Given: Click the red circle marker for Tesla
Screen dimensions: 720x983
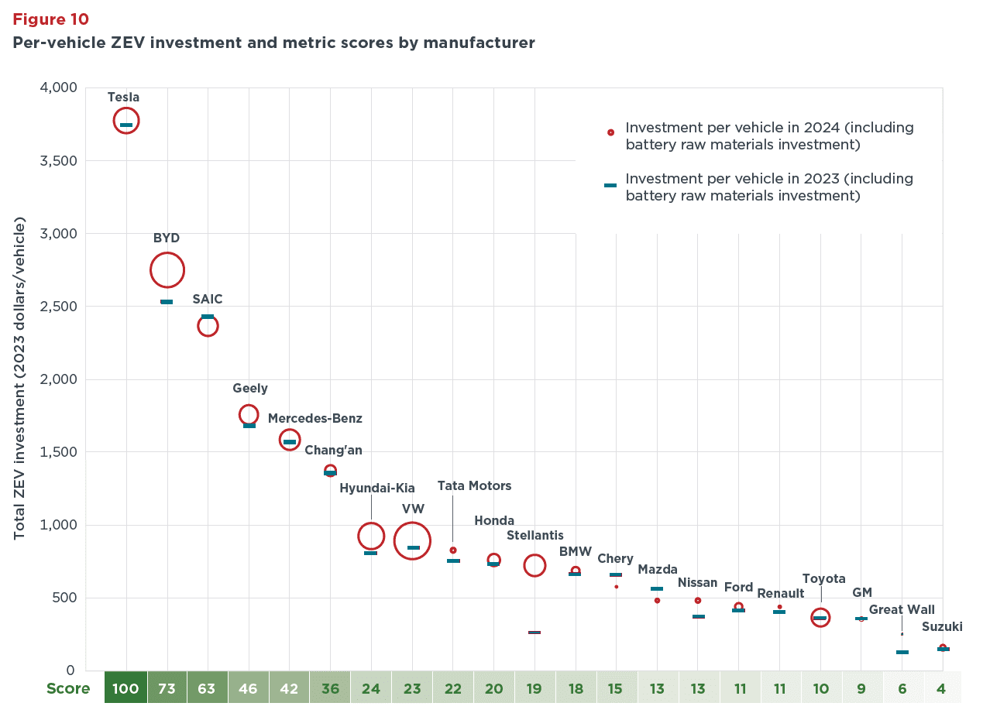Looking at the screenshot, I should click(x=126, y=121).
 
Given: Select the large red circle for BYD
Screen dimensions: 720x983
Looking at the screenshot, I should click(x=167, y=270).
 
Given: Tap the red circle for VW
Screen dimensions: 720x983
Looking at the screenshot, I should click(x=413, y=541).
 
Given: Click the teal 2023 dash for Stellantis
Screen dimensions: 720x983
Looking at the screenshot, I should click(x=534, y=633).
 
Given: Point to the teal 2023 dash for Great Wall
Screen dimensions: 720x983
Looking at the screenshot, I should click(x=902, y=652).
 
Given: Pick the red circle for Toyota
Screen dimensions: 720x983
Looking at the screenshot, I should click(x=820, y=617).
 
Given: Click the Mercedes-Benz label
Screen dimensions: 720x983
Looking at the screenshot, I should click(x=315, y=419).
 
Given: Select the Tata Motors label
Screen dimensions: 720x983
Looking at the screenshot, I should click(x=474, y=486).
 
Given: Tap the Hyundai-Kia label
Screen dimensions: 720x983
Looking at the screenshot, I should click(x=377, y=489).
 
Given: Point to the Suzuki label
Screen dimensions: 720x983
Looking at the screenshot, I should click(x=942, y=627).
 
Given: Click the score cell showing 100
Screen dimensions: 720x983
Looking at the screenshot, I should click(x=125, y=688).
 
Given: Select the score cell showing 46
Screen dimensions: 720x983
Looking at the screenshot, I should click(x=249, y=688).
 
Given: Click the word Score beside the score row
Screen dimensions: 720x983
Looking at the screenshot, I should click(x=68, y=688).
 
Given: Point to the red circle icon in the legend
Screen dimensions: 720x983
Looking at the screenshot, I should click(x=610, y=132).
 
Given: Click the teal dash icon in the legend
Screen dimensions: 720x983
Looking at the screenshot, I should click(x=610, y=185).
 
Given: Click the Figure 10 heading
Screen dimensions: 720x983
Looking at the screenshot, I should click(x=50, y=19).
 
